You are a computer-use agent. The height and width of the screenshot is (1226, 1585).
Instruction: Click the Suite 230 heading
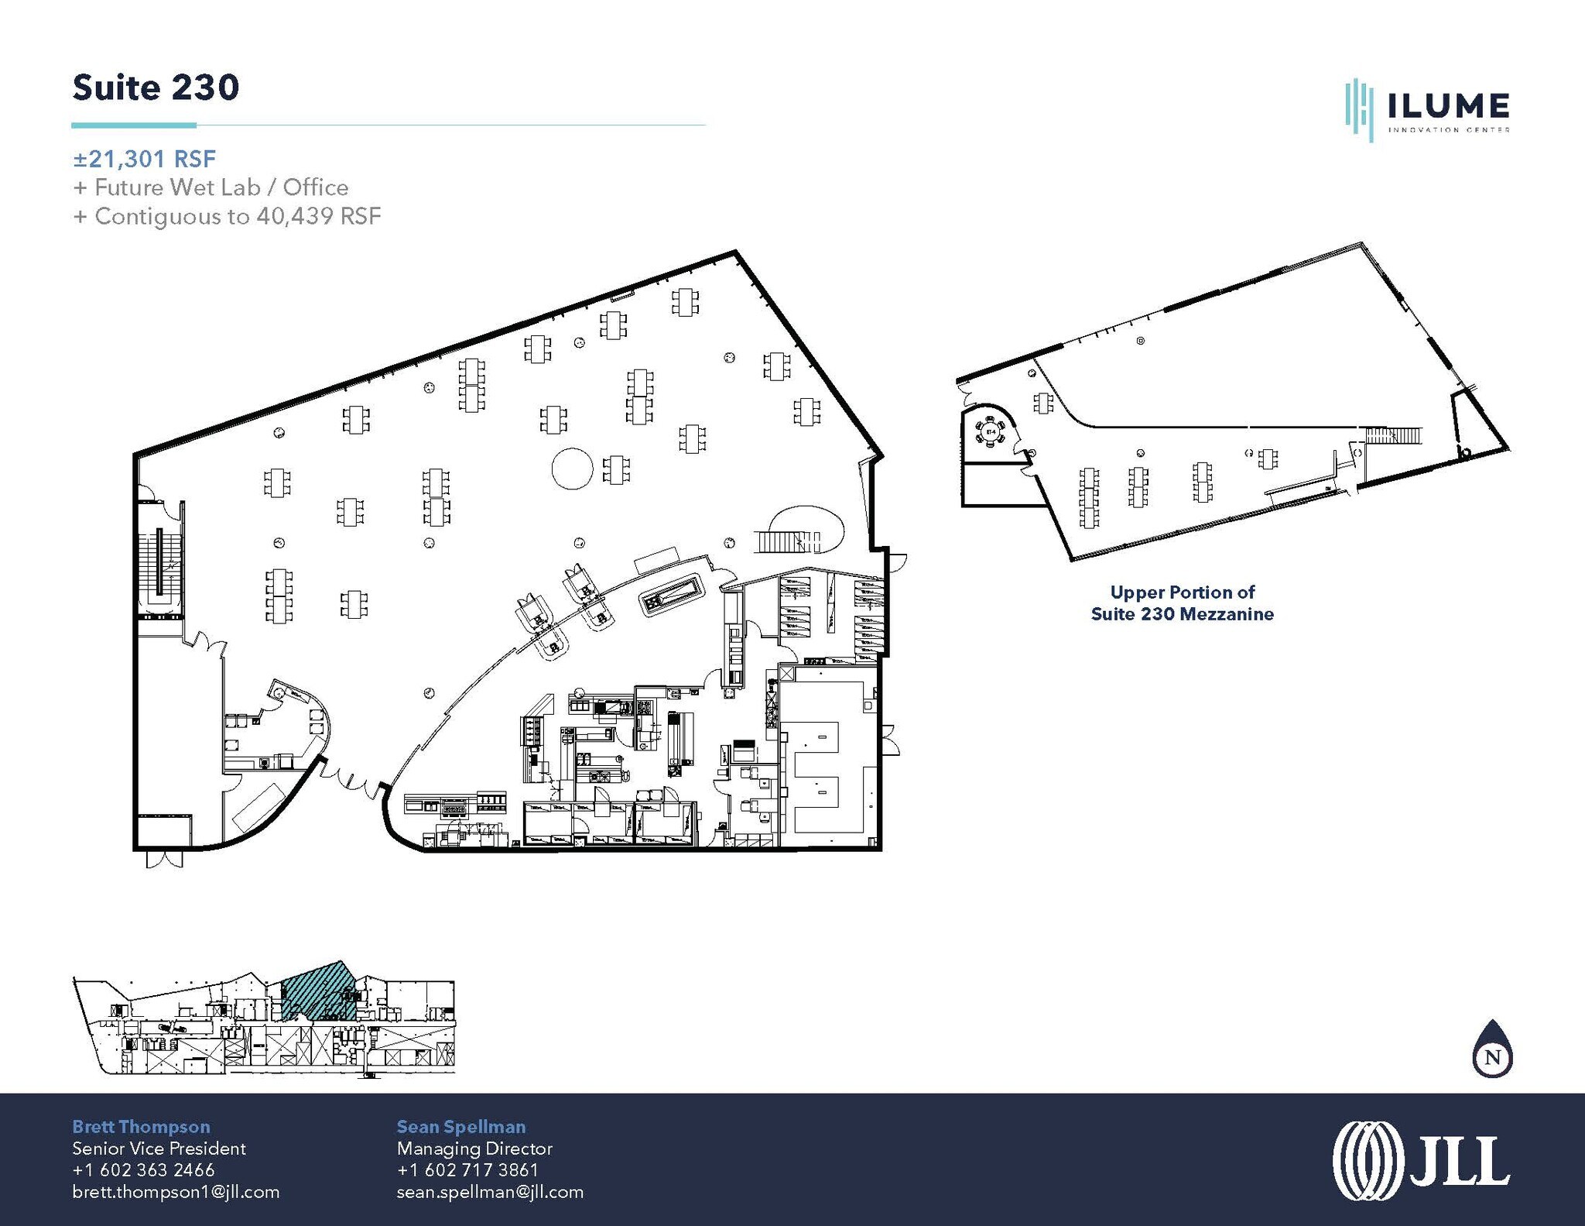pos(156,88)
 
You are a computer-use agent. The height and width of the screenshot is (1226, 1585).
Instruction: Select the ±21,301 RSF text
pos(145,160)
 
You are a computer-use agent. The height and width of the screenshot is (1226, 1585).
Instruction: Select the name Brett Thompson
pos(141,1127)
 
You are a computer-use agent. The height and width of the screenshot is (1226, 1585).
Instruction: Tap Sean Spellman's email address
pos(490,1192)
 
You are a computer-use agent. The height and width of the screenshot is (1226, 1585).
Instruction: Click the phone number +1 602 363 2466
pos(143,1170)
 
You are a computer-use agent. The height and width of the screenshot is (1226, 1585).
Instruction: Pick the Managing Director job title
pos(474,1149)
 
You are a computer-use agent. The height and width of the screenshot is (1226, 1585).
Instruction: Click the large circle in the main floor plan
pos(572,469)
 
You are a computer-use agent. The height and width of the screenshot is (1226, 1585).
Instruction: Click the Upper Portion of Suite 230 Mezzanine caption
pos(1182,603)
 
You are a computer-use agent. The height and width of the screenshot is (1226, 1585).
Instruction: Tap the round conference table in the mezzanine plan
pos(990,431)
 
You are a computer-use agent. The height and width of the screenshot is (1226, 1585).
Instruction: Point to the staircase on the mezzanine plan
pos(1394,435)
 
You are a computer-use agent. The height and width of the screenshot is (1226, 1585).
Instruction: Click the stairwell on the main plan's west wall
pos(160,559)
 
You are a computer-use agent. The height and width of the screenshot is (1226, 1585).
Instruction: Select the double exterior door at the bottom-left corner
pos(164,859)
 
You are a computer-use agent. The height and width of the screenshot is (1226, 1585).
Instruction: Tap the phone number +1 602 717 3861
pos(467,1170)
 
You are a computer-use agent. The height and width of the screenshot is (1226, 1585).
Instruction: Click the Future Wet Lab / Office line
pos(211,187)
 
